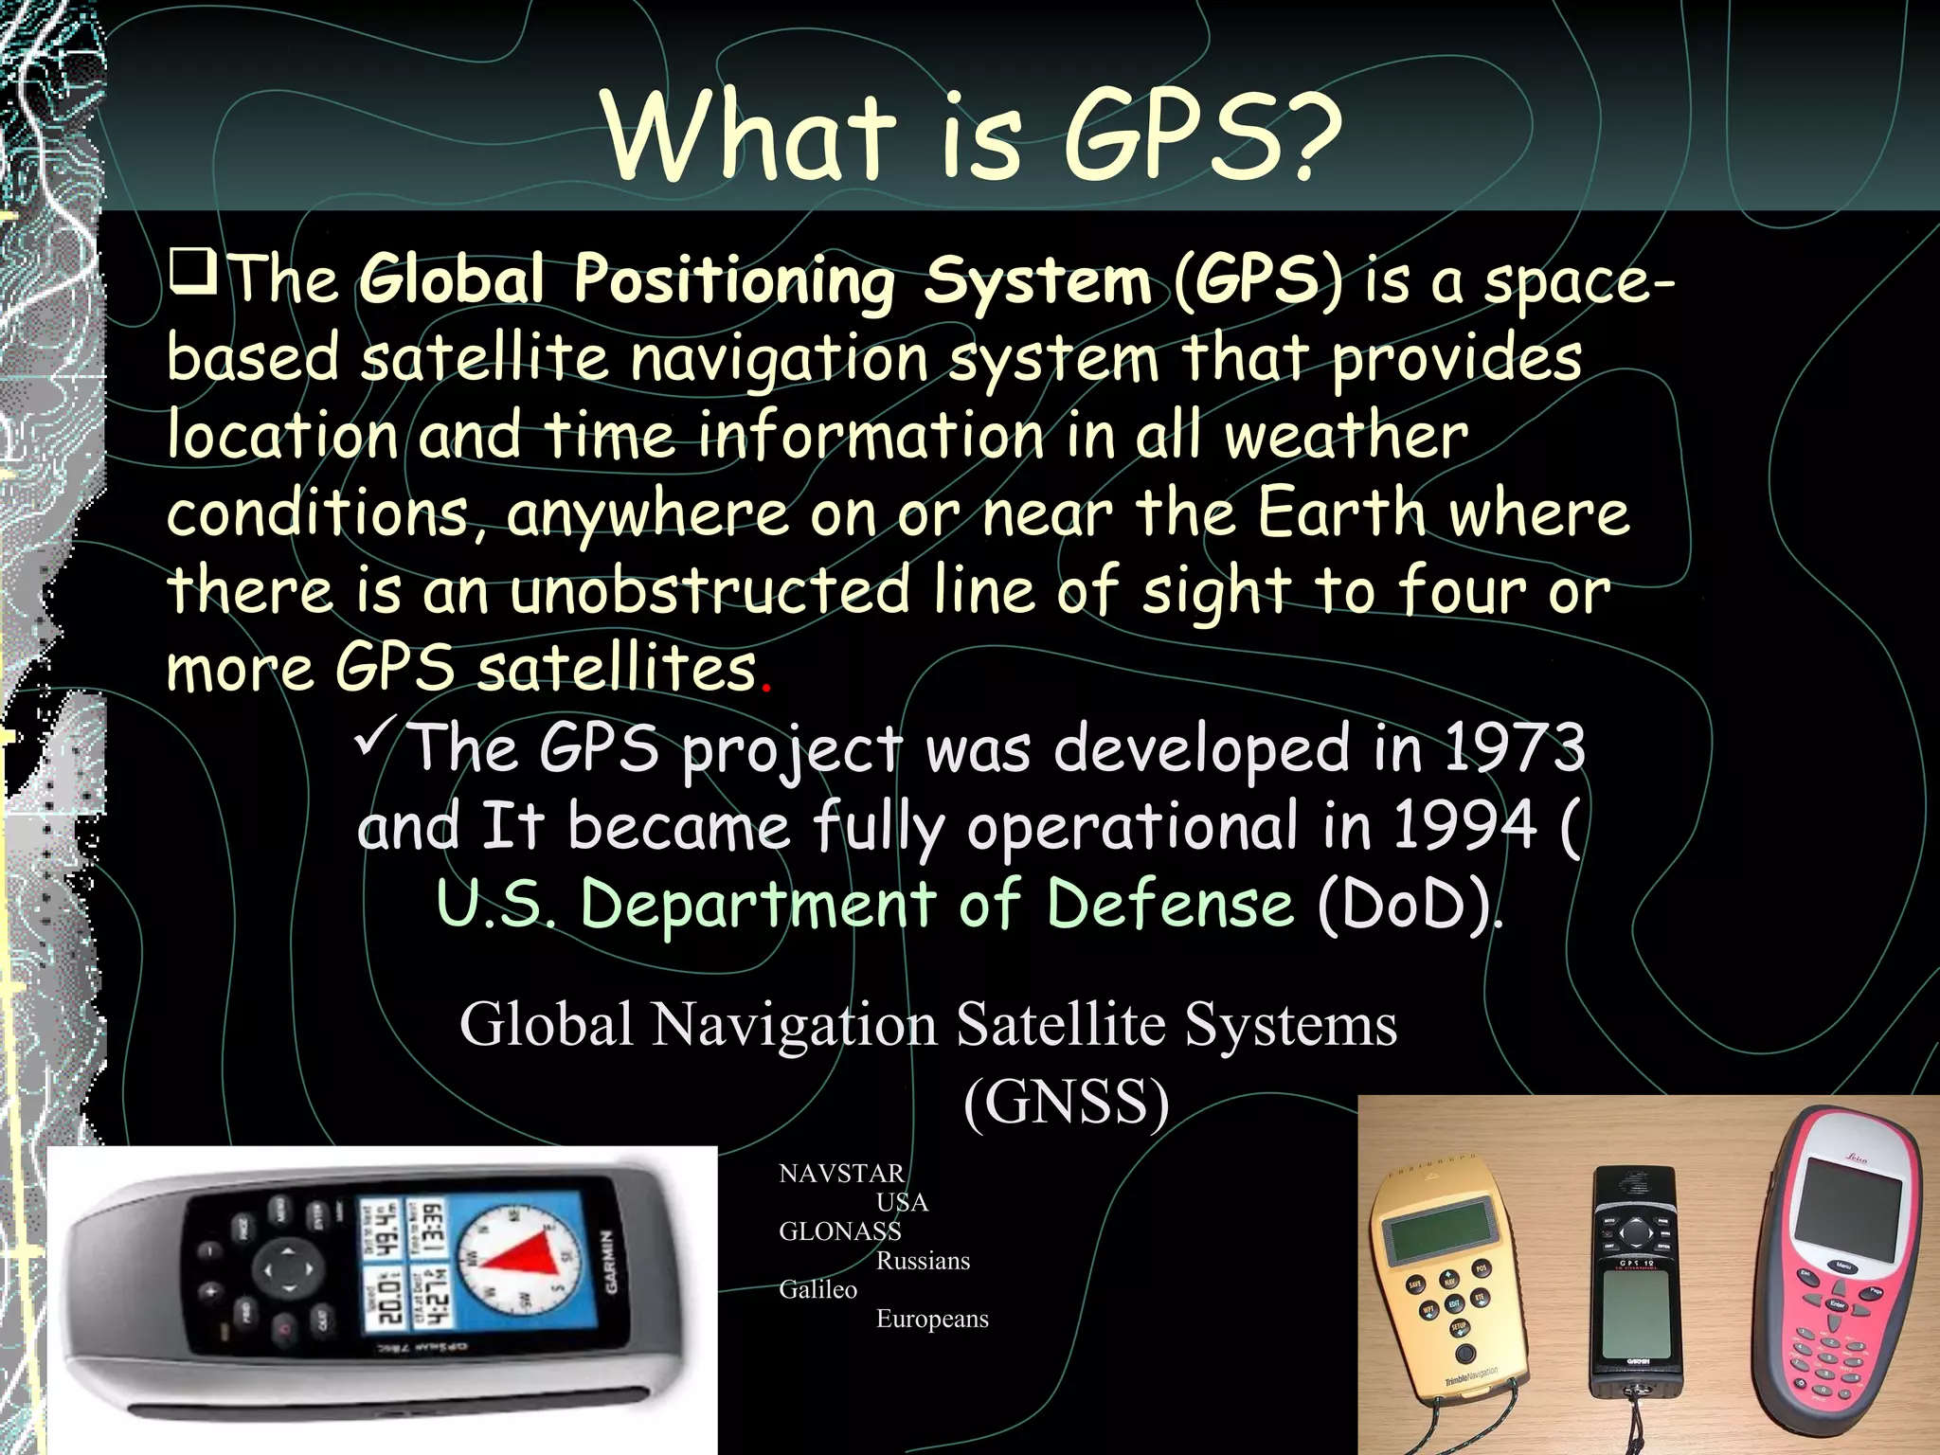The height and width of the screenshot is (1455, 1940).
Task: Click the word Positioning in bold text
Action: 733,280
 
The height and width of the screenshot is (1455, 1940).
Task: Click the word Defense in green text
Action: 1171,903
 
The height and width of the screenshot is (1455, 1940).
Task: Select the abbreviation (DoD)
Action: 1406,905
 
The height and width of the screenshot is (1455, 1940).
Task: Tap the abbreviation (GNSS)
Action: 1066,1102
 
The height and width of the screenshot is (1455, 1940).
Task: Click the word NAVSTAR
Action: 841,1174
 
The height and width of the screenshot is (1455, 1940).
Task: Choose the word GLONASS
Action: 839,1231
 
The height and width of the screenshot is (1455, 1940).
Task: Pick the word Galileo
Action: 817,1289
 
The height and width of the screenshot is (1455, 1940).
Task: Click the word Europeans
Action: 932,1319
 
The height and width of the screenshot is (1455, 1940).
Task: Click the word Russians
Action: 923,1261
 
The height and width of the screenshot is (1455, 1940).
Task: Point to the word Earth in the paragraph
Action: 1341,513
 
